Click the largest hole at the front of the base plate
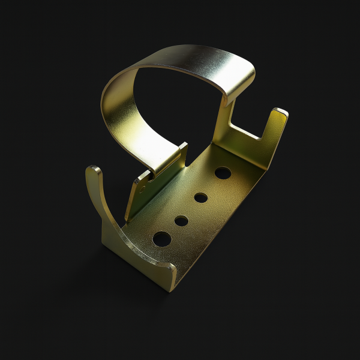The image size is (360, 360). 162,239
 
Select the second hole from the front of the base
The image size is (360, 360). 181,221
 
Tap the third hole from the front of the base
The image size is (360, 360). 201,197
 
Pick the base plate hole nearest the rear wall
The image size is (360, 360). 223,173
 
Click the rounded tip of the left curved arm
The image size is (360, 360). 93,172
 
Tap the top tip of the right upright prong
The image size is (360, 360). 280,113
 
